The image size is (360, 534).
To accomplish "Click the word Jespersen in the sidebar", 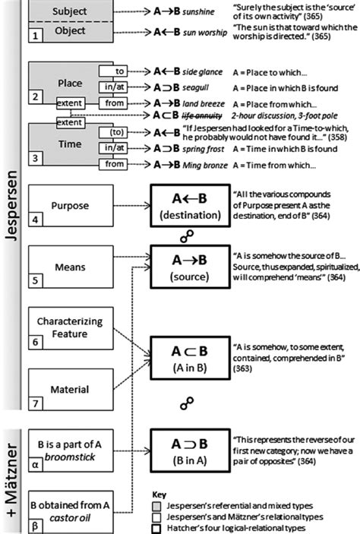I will coord(11,205).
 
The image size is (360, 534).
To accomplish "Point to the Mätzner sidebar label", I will coord(11,472).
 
